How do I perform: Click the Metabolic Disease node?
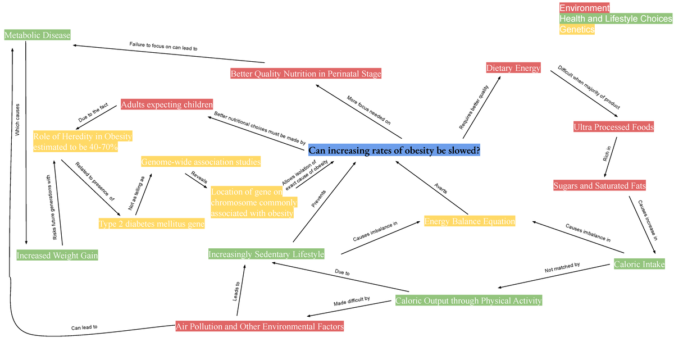37,35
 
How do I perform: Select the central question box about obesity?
394,150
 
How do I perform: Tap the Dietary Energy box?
513,67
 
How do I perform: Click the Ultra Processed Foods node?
613,127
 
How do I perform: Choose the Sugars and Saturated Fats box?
599,185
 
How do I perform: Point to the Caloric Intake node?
639,264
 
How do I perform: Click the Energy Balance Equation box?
470,221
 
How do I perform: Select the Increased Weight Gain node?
57,255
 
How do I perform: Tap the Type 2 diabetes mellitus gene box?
152,224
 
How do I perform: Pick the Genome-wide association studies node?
201,162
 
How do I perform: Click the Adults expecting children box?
167,104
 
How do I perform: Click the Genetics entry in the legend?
577,29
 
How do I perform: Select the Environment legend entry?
584,7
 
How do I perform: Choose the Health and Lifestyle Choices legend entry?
616,19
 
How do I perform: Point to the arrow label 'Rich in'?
607,154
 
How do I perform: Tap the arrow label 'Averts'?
440,189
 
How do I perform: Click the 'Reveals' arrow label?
199,177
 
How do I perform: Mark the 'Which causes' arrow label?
17,120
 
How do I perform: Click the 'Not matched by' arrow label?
562,267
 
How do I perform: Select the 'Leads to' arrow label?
236,291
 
